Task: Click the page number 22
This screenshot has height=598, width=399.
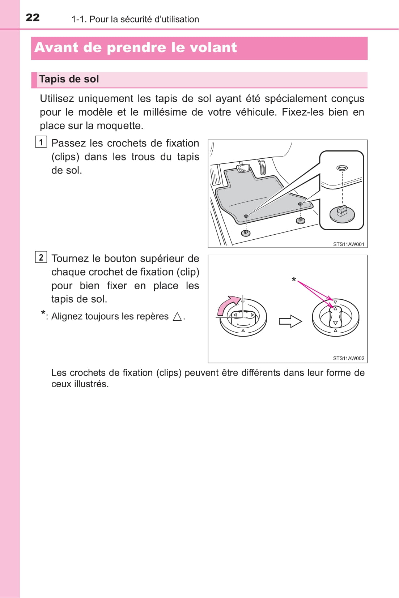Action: pos(33,17)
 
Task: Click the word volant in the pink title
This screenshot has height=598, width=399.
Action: pos(215,47)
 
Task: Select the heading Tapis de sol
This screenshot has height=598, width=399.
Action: pos(69,79)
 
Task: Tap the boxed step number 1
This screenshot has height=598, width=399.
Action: pos(41,142)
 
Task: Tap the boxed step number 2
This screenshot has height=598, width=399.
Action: pos(41,257)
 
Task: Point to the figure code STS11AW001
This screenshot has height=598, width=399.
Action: pos(348,244)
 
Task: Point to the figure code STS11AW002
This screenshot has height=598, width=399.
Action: pos(348,358)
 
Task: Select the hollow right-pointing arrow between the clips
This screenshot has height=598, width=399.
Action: pos(290,321)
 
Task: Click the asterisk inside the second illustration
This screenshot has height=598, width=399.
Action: pos(294,280)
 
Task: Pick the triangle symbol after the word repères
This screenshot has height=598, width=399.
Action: pos(177,317)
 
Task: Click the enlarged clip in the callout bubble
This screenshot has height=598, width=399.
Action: pos(342,213)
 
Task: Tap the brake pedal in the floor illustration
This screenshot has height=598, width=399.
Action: pos(243,168)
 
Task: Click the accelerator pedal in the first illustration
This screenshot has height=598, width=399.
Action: pos(262,167)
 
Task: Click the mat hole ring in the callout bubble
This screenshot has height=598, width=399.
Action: pos(342,168)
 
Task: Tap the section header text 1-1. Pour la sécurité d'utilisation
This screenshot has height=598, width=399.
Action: pos(135,19)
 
